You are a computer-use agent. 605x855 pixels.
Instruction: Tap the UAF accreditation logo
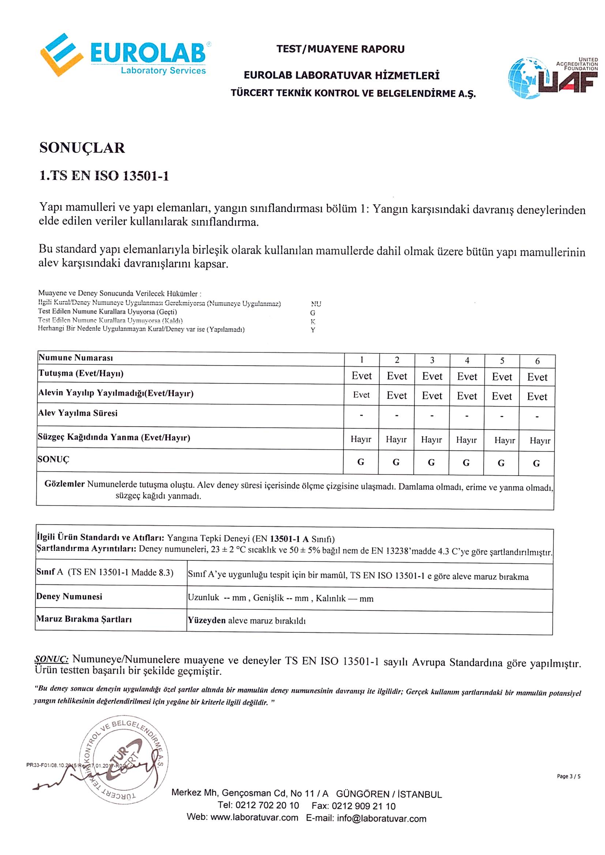click(x=552, y=78)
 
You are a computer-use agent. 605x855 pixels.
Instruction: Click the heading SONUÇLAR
click(x=82, y=148)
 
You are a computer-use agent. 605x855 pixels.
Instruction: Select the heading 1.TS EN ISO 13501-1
click(x=104, y=176)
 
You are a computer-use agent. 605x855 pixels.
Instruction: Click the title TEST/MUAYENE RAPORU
click(x=340, y=49)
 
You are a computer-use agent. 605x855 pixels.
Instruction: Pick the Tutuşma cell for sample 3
click(x=432, y=376)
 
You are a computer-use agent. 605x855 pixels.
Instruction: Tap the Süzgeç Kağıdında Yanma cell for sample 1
click(x=361, y=439)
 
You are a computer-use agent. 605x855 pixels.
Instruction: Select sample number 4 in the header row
click(x=467, y=360)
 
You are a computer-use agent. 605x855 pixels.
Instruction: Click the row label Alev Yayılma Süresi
click(x=78, y=413)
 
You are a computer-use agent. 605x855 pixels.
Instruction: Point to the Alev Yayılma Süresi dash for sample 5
click(x=501, y=416)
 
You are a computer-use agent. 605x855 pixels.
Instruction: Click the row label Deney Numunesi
click(x=69, y=597)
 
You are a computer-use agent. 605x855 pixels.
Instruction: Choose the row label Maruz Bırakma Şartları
click(x=84, y=619)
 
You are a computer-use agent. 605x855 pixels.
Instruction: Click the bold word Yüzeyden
click(x=206, y=620)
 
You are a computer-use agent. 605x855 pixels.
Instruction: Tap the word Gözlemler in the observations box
click(x=64, y=484)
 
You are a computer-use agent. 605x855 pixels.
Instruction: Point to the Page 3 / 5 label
click(x=568, y=776)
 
